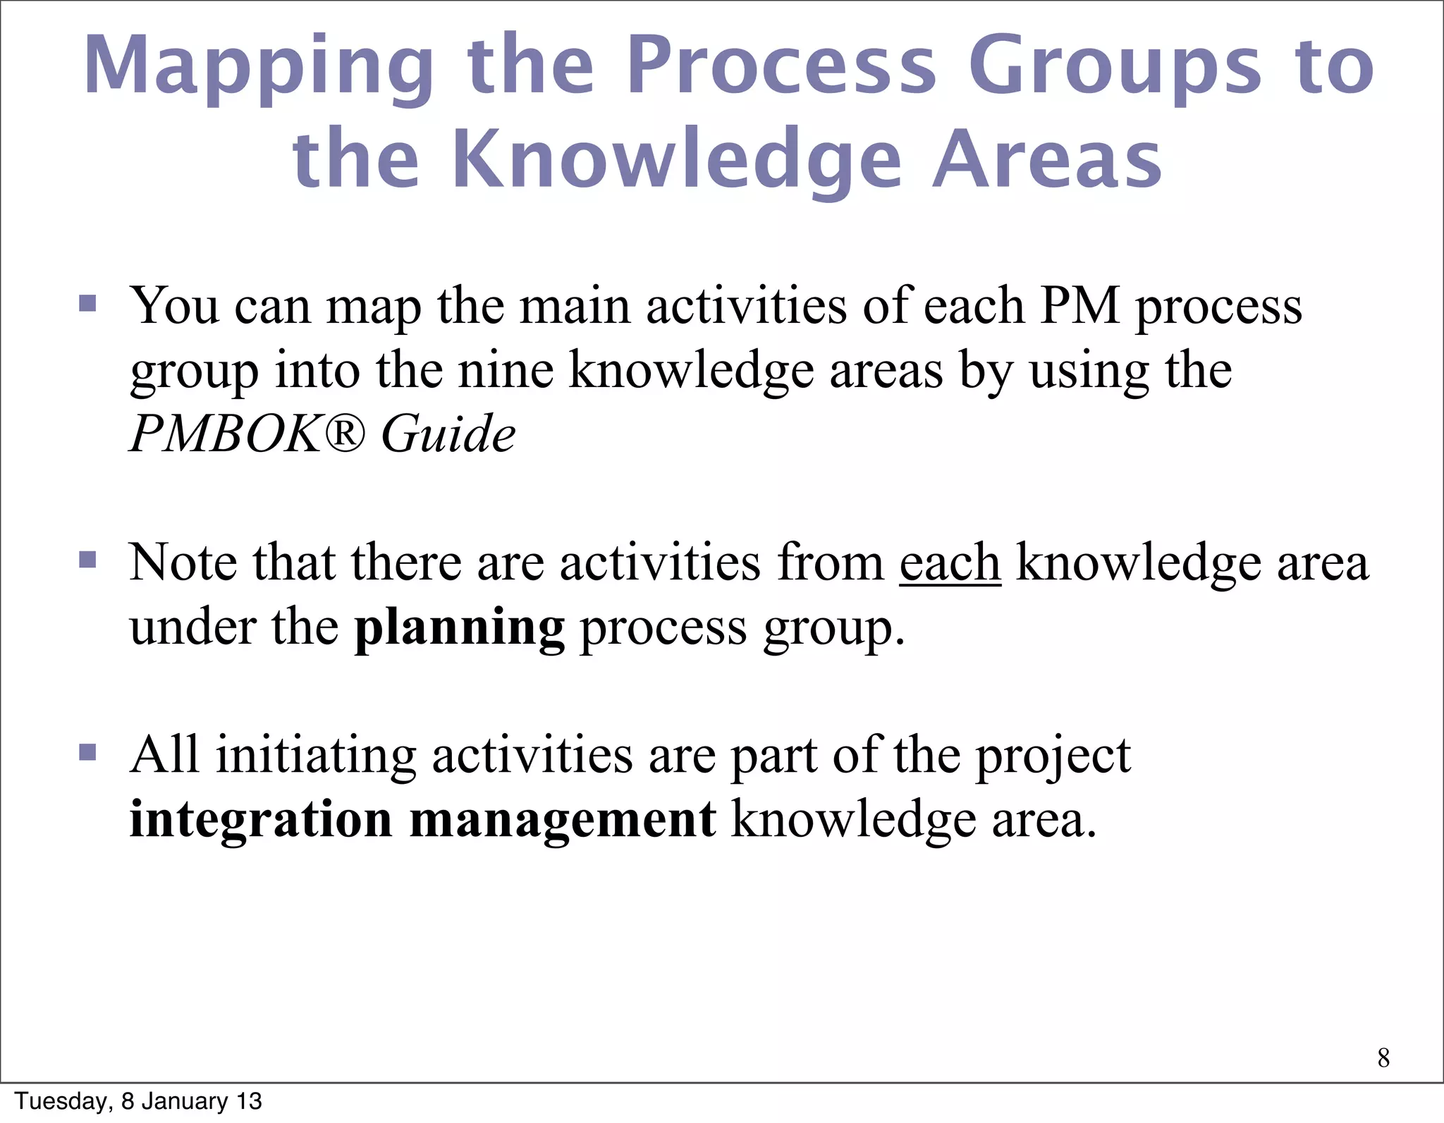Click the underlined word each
pyautogui.click(x=950, y=563)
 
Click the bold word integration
pyautogui.click(x=261, y=819)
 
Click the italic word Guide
pyautogui.click(x=448, y=433)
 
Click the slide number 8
pyautogui.click(x=1383, y=1057)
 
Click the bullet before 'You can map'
pyautogui.click(x=87, y=304)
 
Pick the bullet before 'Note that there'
pyautogui.click(x=87, y=560)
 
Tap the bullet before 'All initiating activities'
pyautogui.click(x=87, y=752)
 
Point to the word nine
pyautogui.click(x=506, y=370)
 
